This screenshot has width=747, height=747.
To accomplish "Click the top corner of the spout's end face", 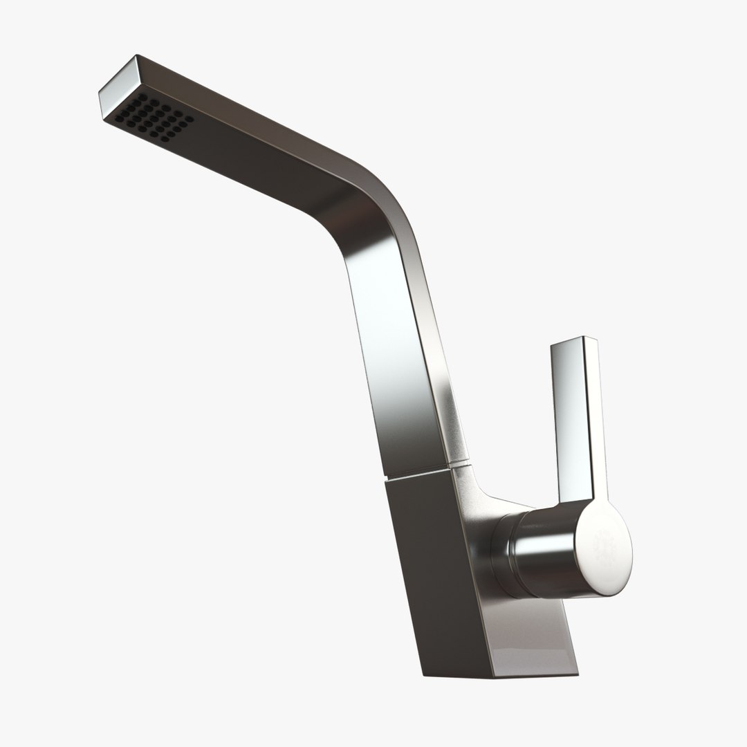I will click(x=136, y=55).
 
